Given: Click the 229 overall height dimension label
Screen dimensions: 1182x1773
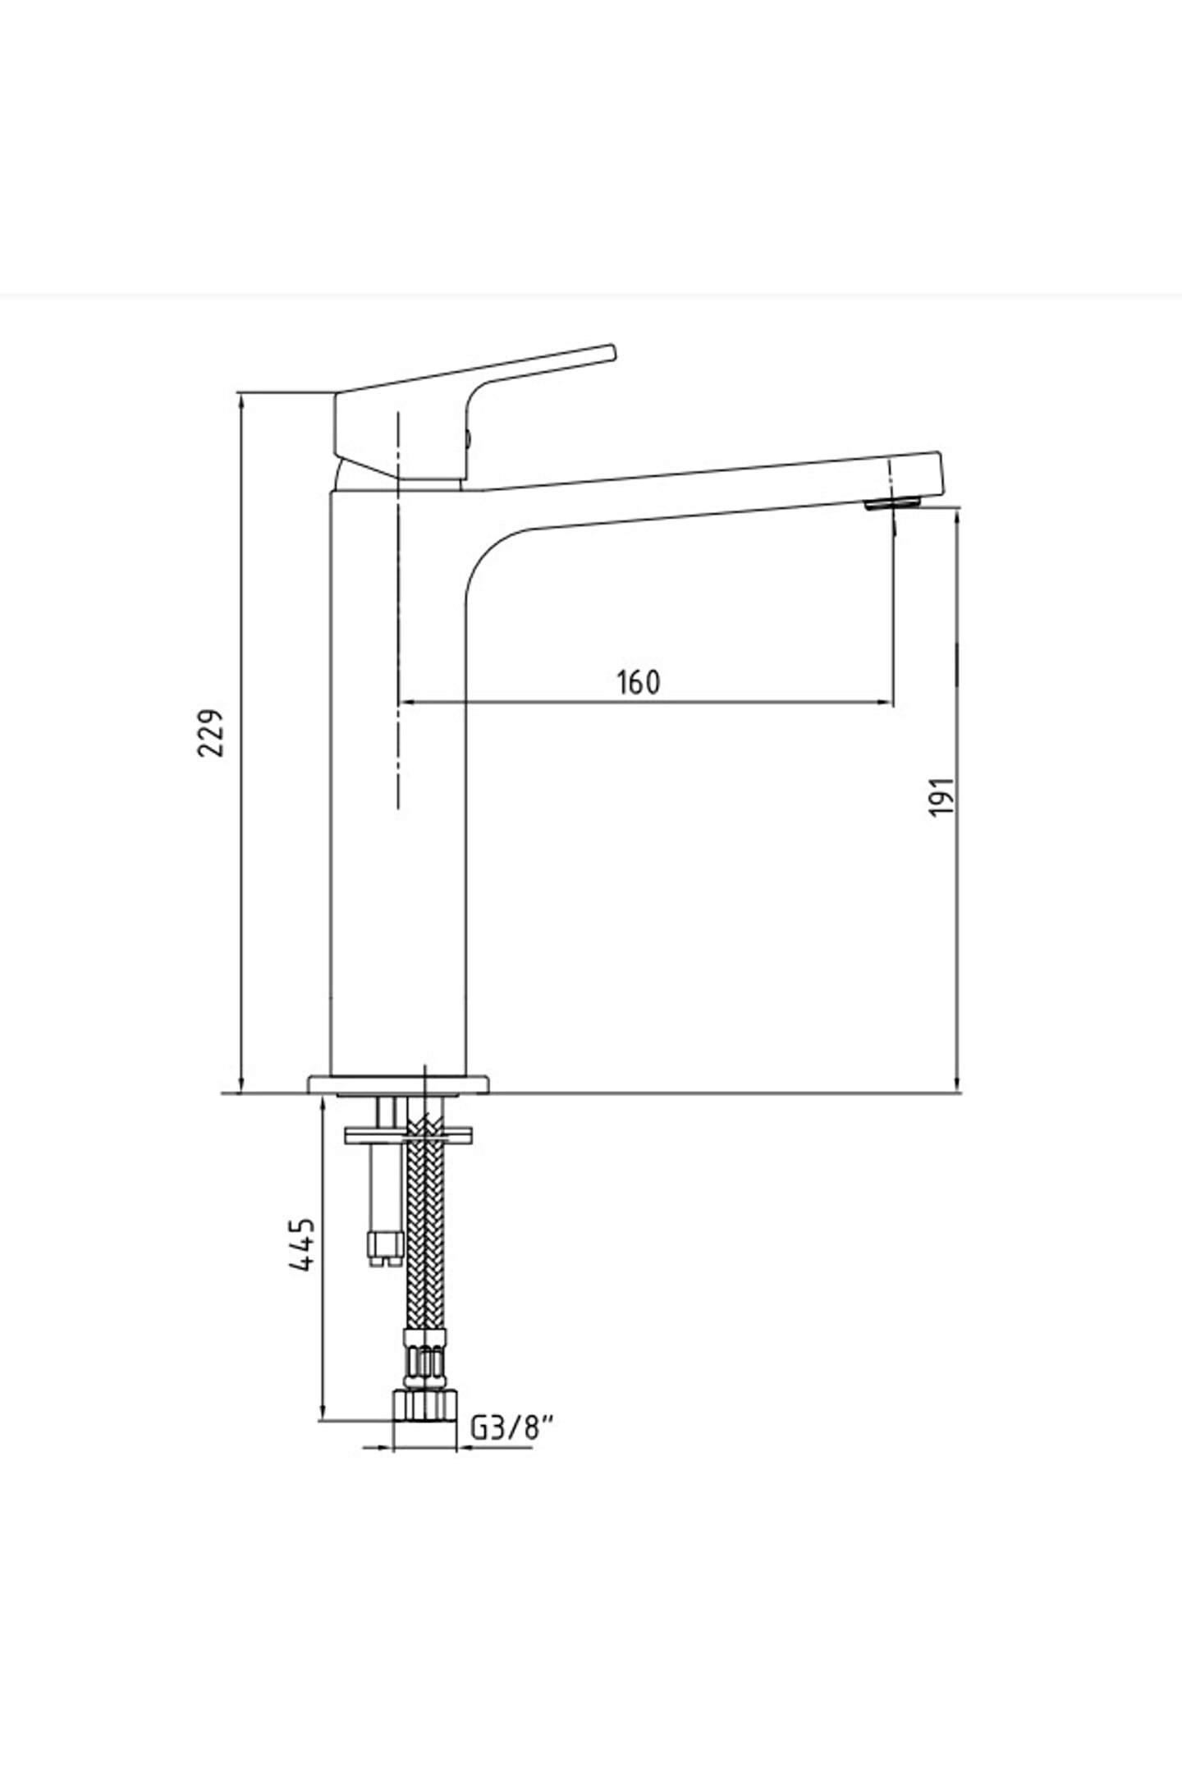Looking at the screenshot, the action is coord(213,733).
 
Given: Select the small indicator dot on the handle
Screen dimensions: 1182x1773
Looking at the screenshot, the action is coord(468,439).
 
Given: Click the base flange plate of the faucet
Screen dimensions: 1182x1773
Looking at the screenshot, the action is coord(398,1084).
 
